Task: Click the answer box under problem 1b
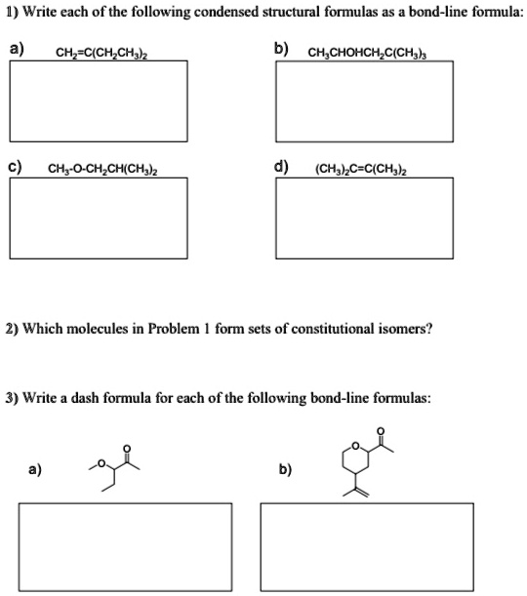(365, 100)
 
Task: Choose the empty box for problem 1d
(365, 217)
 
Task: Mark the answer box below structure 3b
(367, 546)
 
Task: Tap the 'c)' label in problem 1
(17, 166)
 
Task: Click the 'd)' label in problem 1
(281, 166)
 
